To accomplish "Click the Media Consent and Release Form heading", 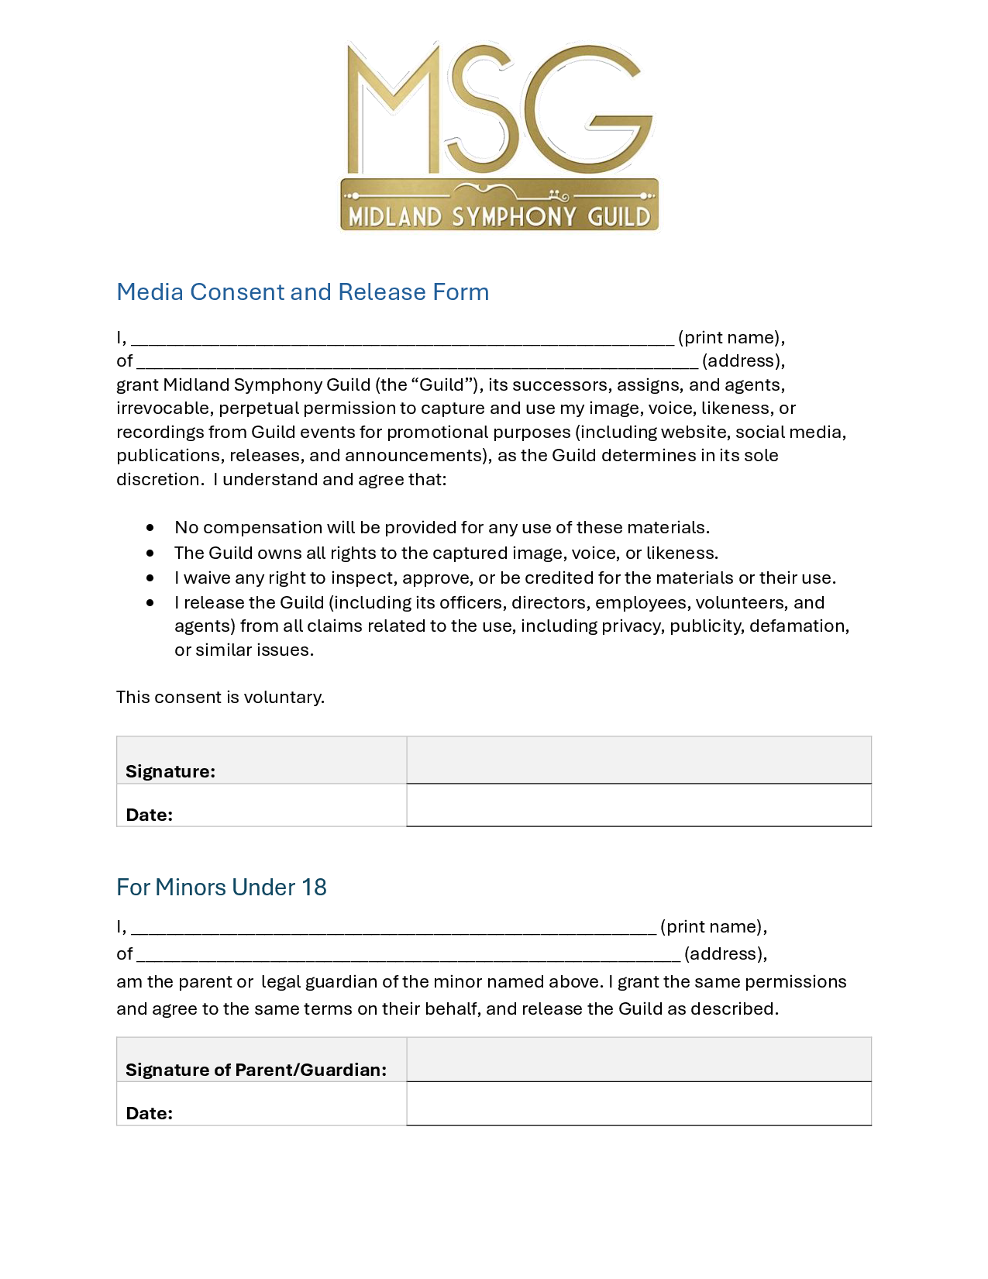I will [x=302, y=292].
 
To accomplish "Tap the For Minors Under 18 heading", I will [x=221, y=887].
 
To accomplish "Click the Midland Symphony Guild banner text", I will [x=499, y=216].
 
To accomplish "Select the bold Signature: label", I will [x=170, y=771].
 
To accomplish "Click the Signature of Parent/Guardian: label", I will [x=256, y=1070].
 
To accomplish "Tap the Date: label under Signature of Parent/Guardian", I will [x=149, y=1113].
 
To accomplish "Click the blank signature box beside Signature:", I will [x=639, y=760].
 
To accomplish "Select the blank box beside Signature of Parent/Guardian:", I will [x=639, y=1060].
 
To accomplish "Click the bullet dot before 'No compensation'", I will [x=150, y=528].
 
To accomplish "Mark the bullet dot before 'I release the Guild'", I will [x=150, y=603].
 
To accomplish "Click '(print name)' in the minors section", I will [x=712, y=926].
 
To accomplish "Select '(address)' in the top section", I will [x=742, y=361].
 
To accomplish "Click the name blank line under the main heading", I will [x=403, y=340].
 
